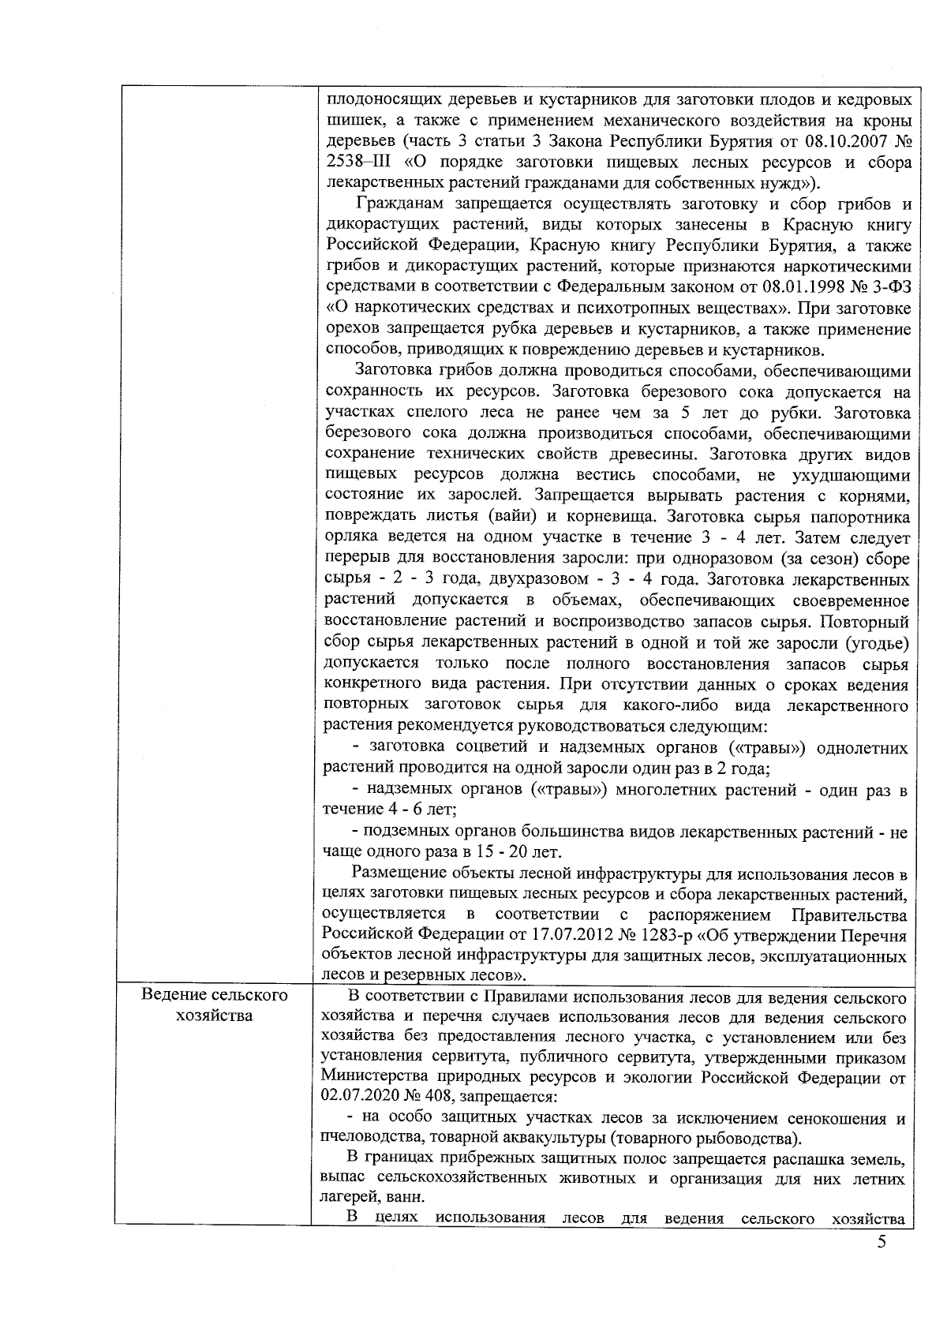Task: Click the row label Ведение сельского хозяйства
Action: (x=215, y=1004)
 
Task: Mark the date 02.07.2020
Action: (x=359, y=1097)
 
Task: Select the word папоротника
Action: (x=863, y=518)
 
